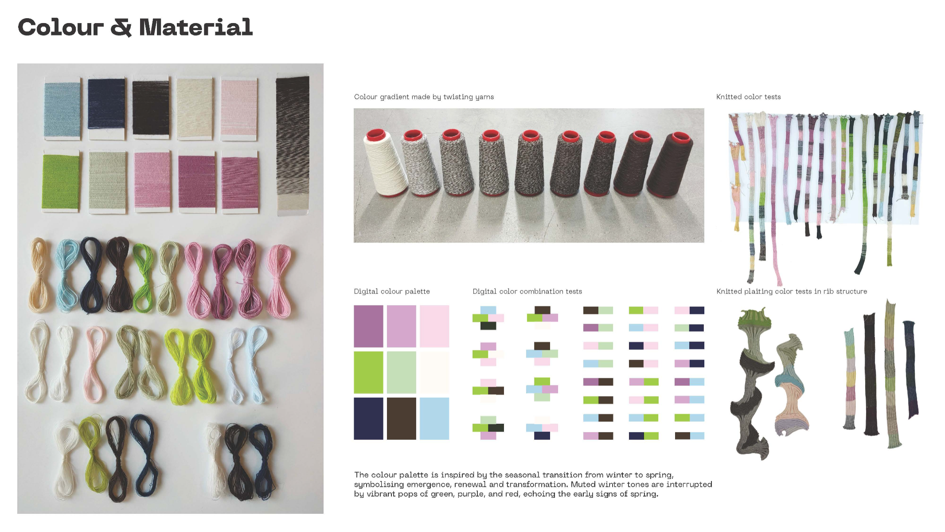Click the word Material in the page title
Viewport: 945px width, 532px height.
tap(196, 27)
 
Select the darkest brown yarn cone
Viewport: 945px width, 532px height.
tap(670, 164)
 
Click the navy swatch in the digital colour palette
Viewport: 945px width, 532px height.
tap(368, 419)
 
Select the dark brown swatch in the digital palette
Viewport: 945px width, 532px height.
tap(402, 419)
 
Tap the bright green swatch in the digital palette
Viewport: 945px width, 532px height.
tap(368, 372)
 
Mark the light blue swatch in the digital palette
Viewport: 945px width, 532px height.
tap(434, 419)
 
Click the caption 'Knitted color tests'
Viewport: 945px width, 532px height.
tap(749, 97)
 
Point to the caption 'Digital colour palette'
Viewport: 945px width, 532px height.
tap(392, 291)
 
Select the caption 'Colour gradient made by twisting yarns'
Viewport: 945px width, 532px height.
tap(424, 97)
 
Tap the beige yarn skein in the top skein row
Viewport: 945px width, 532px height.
tap(39, 275)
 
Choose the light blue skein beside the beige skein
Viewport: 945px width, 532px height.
tap(66, 275)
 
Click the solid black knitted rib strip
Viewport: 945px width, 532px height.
tap(870, 375)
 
